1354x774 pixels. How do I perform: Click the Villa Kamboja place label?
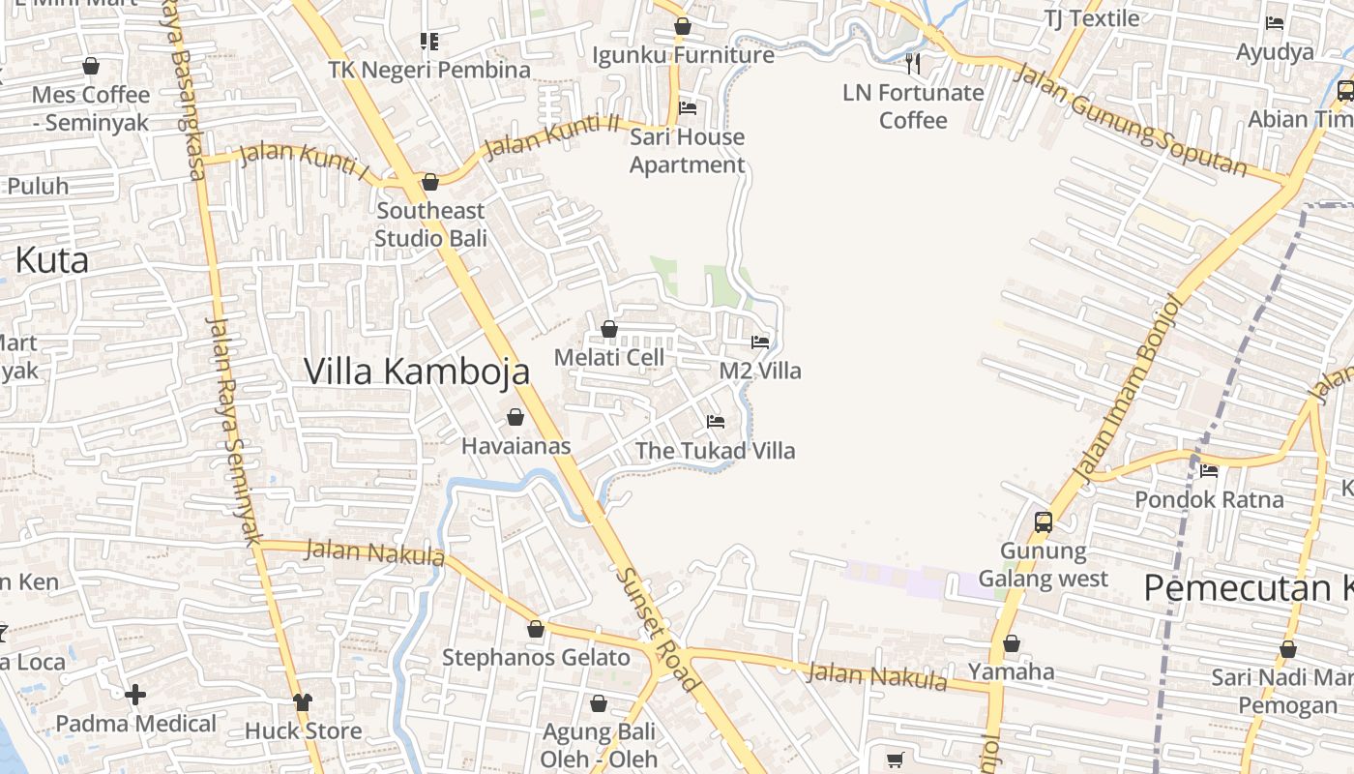coord(417,372)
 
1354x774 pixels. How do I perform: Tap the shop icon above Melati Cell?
coord(609,330)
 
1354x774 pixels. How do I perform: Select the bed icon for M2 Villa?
coord(760,342)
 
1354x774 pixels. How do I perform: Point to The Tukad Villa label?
coord(715,451)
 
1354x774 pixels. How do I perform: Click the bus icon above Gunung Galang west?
coord(1043,522)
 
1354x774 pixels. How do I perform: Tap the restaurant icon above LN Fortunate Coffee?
coord(912,64)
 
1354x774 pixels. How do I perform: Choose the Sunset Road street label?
coord(658,629)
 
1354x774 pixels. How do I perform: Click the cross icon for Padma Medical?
coord(135,695)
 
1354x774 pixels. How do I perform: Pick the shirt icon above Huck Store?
coord(303,701)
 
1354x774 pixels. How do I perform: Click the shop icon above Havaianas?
coord(515,417)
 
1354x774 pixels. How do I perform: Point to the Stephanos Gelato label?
coord(536,658)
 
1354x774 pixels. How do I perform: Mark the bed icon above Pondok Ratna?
coord(1208,471)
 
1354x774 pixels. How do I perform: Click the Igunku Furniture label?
coord(683,55)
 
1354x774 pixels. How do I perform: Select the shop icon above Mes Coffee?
coord(91,66)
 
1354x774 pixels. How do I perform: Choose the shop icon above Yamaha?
coord(1012,643)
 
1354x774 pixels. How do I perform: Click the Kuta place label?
coord(52,260)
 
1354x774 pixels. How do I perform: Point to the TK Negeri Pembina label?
coord(429,70)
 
